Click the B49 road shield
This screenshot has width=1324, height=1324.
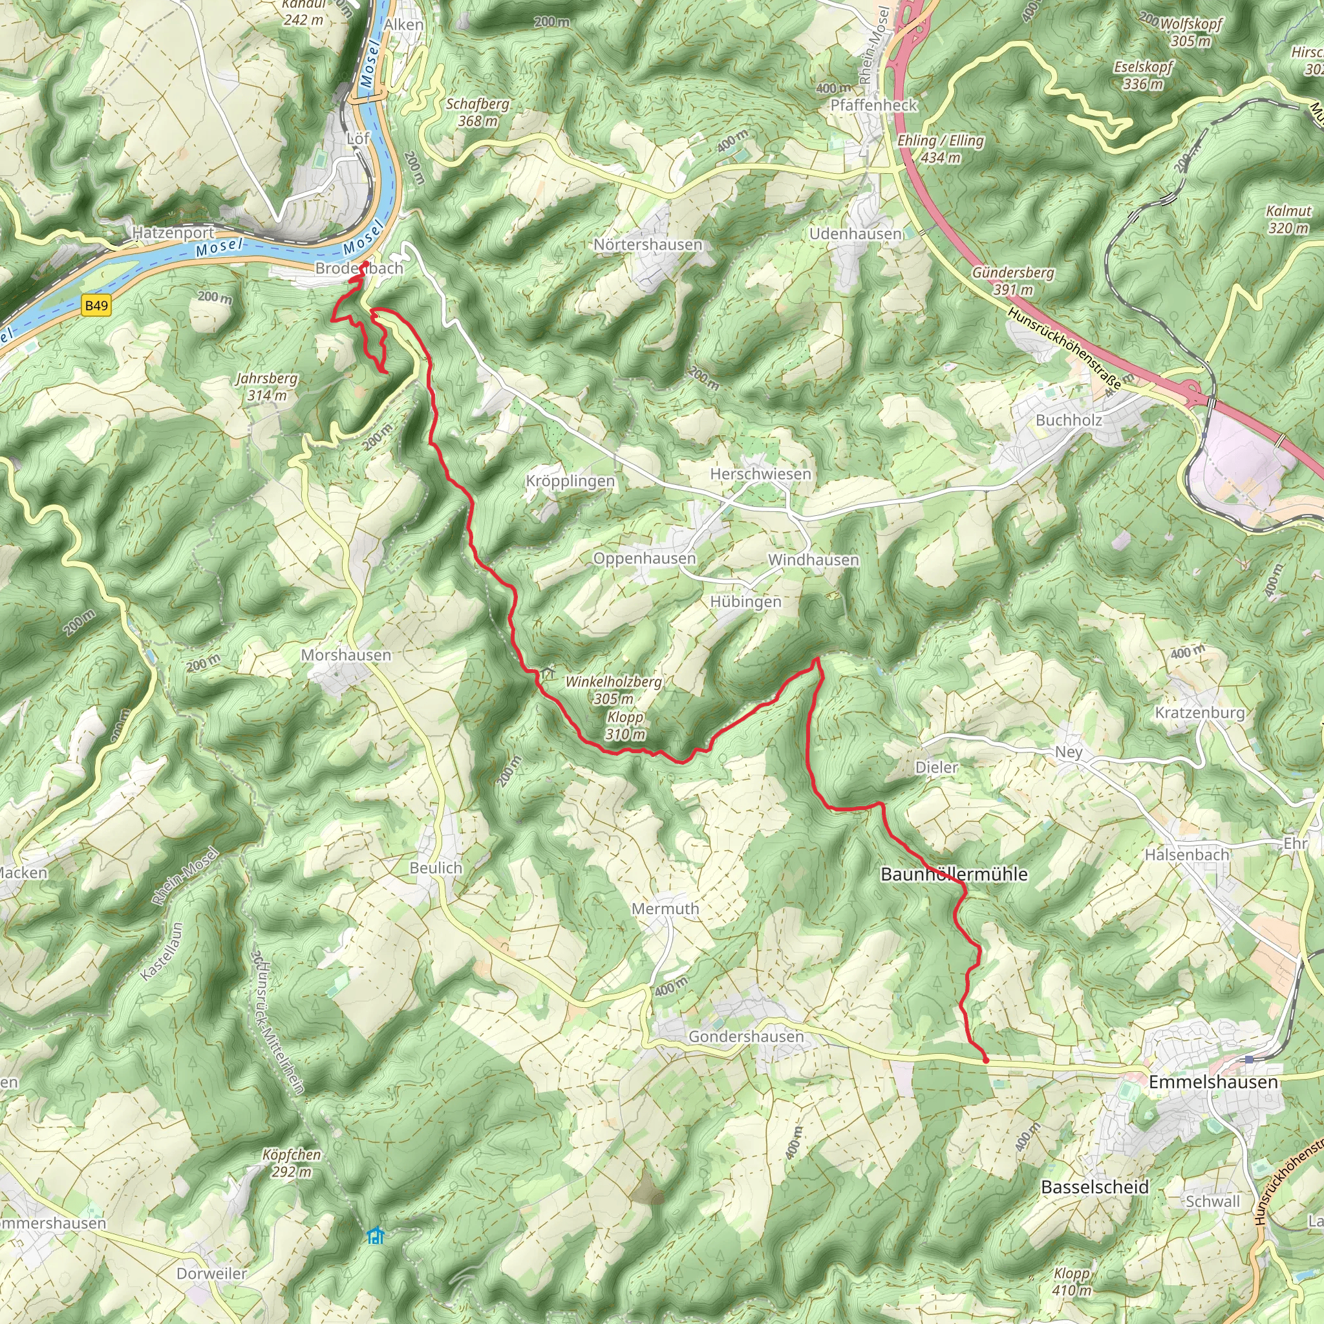tap(96, 305)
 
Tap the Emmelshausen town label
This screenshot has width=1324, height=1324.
tap(1213, 1082)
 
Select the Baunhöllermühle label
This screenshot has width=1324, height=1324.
tap(954, 875)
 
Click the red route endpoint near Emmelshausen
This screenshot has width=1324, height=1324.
tap(986, 1060)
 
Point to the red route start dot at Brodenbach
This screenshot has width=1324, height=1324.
tap(365, 264)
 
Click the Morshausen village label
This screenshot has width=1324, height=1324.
tap(346, 655)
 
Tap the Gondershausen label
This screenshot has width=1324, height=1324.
tap(745, 1036)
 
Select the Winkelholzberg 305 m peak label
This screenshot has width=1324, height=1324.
tap(614, 690)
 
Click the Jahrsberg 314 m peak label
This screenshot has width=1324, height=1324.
tap(266, 387)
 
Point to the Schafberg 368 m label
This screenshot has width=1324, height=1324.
tap(478, 112)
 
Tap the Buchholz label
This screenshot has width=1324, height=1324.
tap(1069, 420)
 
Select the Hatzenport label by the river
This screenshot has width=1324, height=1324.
tap(173, 233)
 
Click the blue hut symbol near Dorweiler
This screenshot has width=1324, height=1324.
tap(374, 1235)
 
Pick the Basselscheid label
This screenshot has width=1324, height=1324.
tap(1094, 1187)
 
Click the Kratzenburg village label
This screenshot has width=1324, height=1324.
tap(1199, 712)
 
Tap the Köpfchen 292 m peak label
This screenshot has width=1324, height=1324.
tap(292, 1163)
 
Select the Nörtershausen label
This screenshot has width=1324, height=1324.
tap(648, 244)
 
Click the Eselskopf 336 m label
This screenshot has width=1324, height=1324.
tap(1143, 76)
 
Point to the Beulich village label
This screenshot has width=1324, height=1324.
tap(436, 868)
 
